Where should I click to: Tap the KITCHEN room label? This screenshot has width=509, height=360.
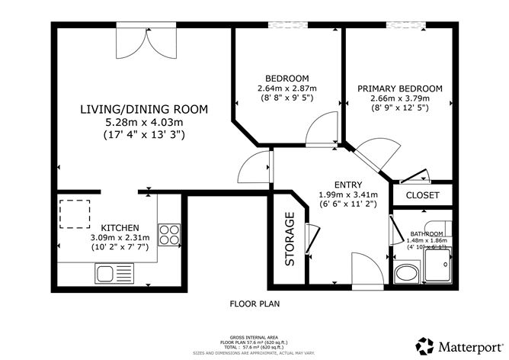click(120, 228)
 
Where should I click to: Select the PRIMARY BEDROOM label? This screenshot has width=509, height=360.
click(399, 88)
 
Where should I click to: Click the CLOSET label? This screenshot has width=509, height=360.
click(423, 196)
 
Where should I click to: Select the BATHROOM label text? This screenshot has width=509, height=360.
click(426, 233)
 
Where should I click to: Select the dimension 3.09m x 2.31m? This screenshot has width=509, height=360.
click(120, 238)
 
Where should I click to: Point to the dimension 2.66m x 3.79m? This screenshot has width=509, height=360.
click(399, 98)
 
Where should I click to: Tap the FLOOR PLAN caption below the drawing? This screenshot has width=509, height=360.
click(255, 304)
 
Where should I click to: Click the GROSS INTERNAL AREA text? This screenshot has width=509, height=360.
click(255, 336)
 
